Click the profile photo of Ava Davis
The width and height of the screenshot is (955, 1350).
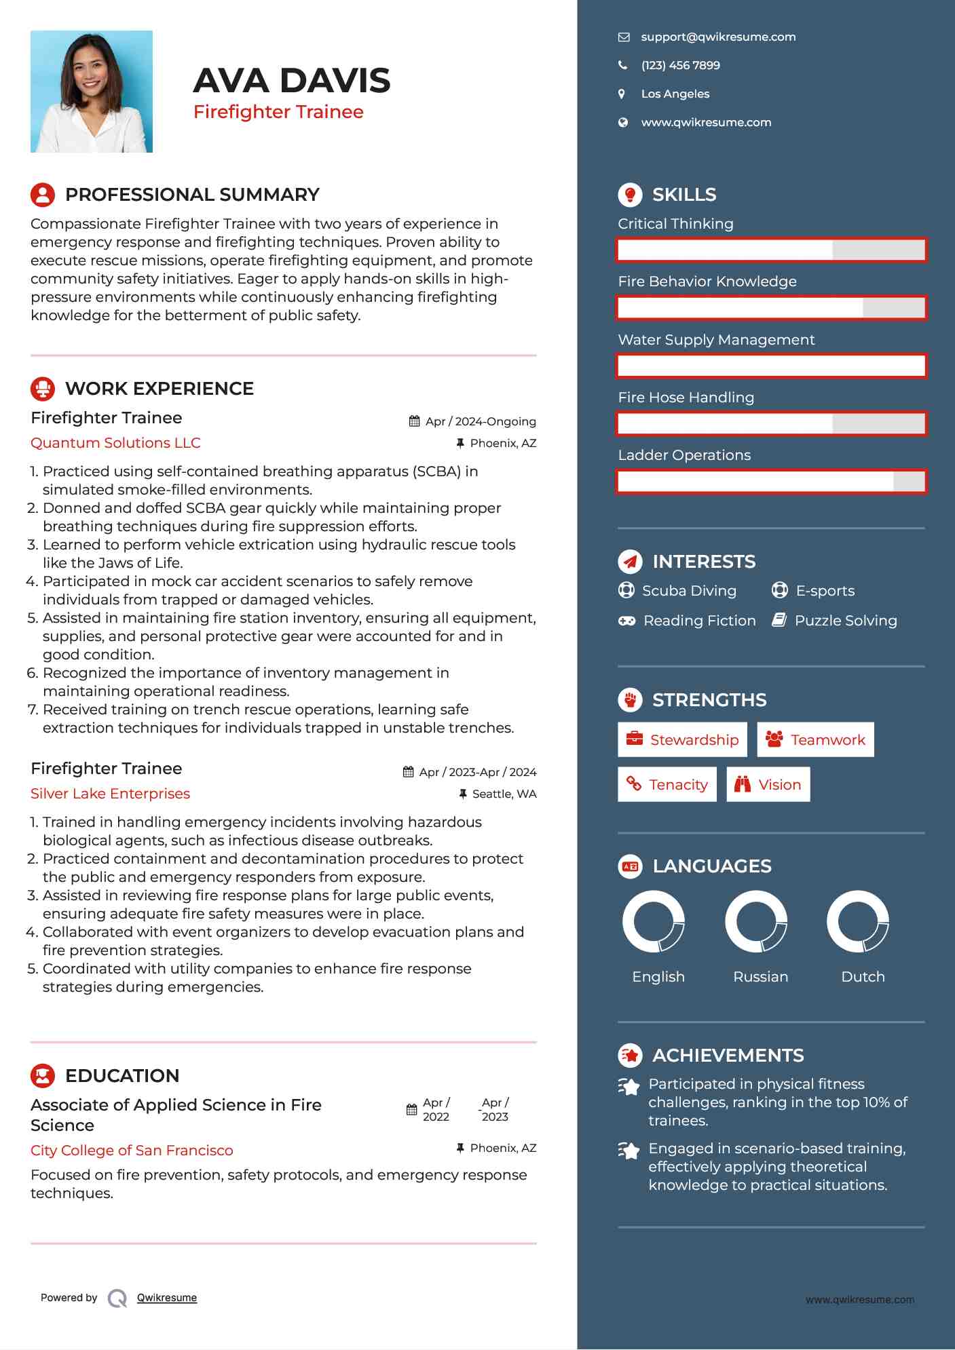click(x=92, y=92)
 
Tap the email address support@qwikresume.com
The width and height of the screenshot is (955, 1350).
click(x=717, y=37)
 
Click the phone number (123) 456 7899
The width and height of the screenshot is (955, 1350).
click(x=680, y=66)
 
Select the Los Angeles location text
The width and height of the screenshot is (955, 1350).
click(x=675, y=94)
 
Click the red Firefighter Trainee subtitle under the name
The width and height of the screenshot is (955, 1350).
click(x=278, y=112)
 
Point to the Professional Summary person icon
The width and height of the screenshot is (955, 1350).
click(x=43, y=195)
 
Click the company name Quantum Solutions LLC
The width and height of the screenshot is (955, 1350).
click(x=115, y=443)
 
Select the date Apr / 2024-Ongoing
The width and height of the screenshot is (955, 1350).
click(x=480, y=421)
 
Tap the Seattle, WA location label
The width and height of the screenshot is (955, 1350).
click(x=504, y=794)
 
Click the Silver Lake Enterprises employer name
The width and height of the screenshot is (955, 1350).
click(x=110, y=794)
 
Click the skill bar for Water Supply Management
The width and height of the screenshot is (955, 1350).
click(x=771, y=366)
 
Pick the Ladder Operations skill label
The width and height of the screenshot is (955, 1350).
click(x=684, y=455)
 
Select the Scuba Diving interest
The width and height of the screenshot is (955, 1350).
click(x=688, y=591)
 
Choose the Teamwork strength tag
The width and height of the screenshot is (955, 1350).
click(x=815, y=740)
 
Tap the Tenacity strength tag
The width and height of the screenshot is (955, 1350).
click(x=667, y=785)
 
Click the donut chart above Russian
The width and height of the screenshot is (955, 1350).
click(x=756, y=922)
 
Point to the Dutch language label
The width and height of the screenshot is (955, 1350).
click(x=863, y=977)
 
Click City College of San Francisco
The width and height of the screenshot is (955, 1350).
click(x=132, y=1151)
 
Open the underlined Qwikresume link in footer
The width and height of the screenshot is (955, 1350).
click(x=167, y=1298)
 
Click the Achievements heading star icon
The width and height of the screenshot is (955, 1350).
click(x=631, y=1056)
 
